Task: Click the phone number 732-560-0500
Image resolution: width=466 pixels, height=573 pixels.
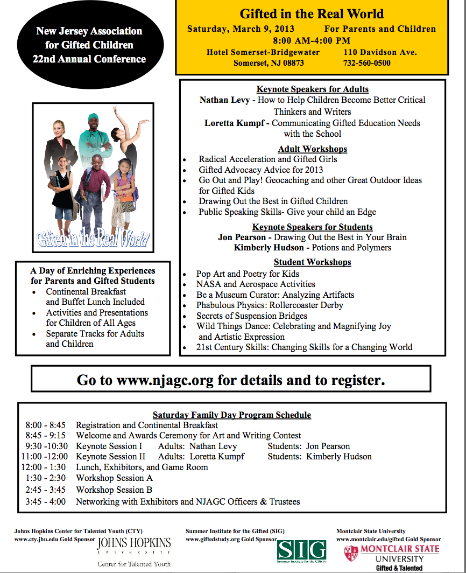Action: (367, 63)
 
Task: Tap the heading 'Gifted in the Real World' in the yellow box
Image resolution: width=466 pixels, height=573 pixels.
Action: (312, 13)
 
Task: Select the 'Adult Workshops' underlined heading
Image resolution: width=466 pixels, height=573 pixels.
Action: (312, 149)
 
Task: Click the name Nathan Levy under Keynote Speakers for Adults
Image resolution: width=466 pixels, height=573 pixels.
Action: (225, 100)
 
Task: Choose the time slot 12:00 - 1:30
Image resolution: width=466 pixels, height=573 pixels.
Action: (44, 467)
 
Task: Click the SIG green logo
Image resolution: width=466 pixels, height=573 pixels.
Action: (302, 550)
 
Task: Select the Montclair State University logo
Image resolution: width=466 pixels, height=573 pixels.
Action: (391, 554)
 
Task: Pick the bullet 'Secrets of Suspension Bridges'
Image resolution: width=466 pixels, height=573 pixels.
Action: (252, 316)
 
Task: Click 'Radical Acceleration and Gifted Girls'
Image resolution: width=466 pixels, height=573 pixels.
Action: (268, 159)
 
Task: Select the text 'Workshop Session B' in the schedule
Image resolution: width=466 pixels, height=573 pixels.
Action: (114, 490)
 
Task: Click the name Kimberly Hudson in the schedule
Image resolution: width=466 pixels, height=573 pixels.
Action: (339, 456)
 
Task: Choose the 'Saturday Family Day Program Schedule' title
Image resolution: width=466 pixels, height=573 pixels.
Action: (232, 415)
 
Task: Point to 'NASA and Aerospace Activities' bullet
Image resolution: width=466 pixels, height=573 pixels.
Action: (256, 284)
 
